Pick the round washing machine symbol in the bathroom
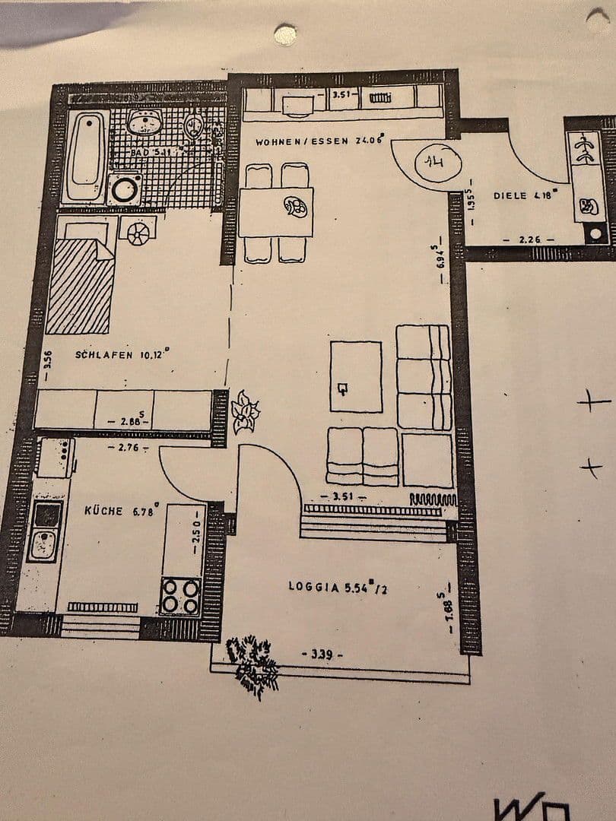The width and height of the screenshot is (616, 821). tap(124, 189)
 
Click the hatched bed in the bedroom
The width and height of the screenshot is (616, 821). tap(79, 286)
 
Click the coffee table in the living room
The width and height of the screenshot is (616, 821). tap(355, 376)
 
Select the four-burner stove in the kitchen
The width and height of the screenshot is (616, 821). tap(181, 596)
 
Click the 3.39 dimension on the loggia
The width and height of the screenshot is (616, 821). tap(322, 654)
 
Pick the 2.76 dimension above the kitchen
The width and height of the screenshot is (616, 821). tap(122, 448)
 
